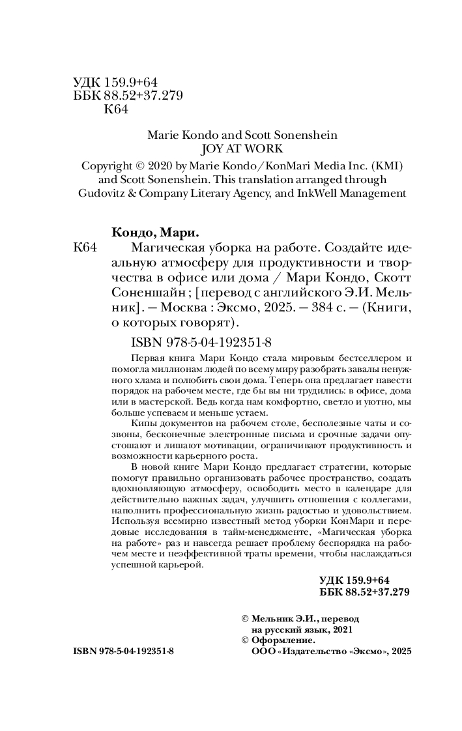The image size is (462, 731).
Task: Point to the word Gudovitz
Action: (x=102, y=193)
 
